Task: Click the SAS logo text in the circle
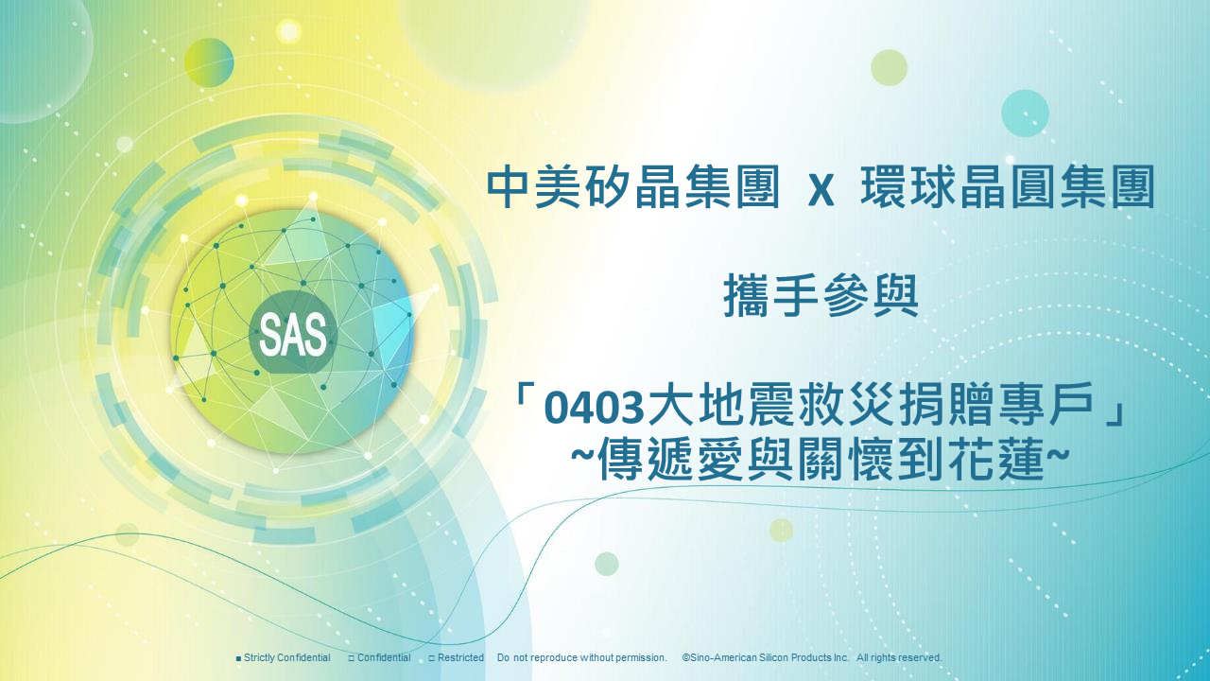pos(293,335)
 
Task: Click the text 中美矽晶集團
pos(633,187)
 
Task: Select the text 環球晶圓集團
pos(1008,187)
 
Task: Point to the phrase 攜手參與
pos(821,296)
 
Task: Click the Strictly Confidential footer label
pos(286,657)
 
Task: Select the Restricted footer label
pos(460,657)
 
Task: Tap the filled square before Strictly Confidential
pos(239,659)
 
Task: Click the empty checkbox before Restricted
pos(432,659)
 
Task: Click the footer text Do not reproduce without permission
pos(582,657)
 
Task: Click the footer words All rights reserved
pos(899,657)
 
